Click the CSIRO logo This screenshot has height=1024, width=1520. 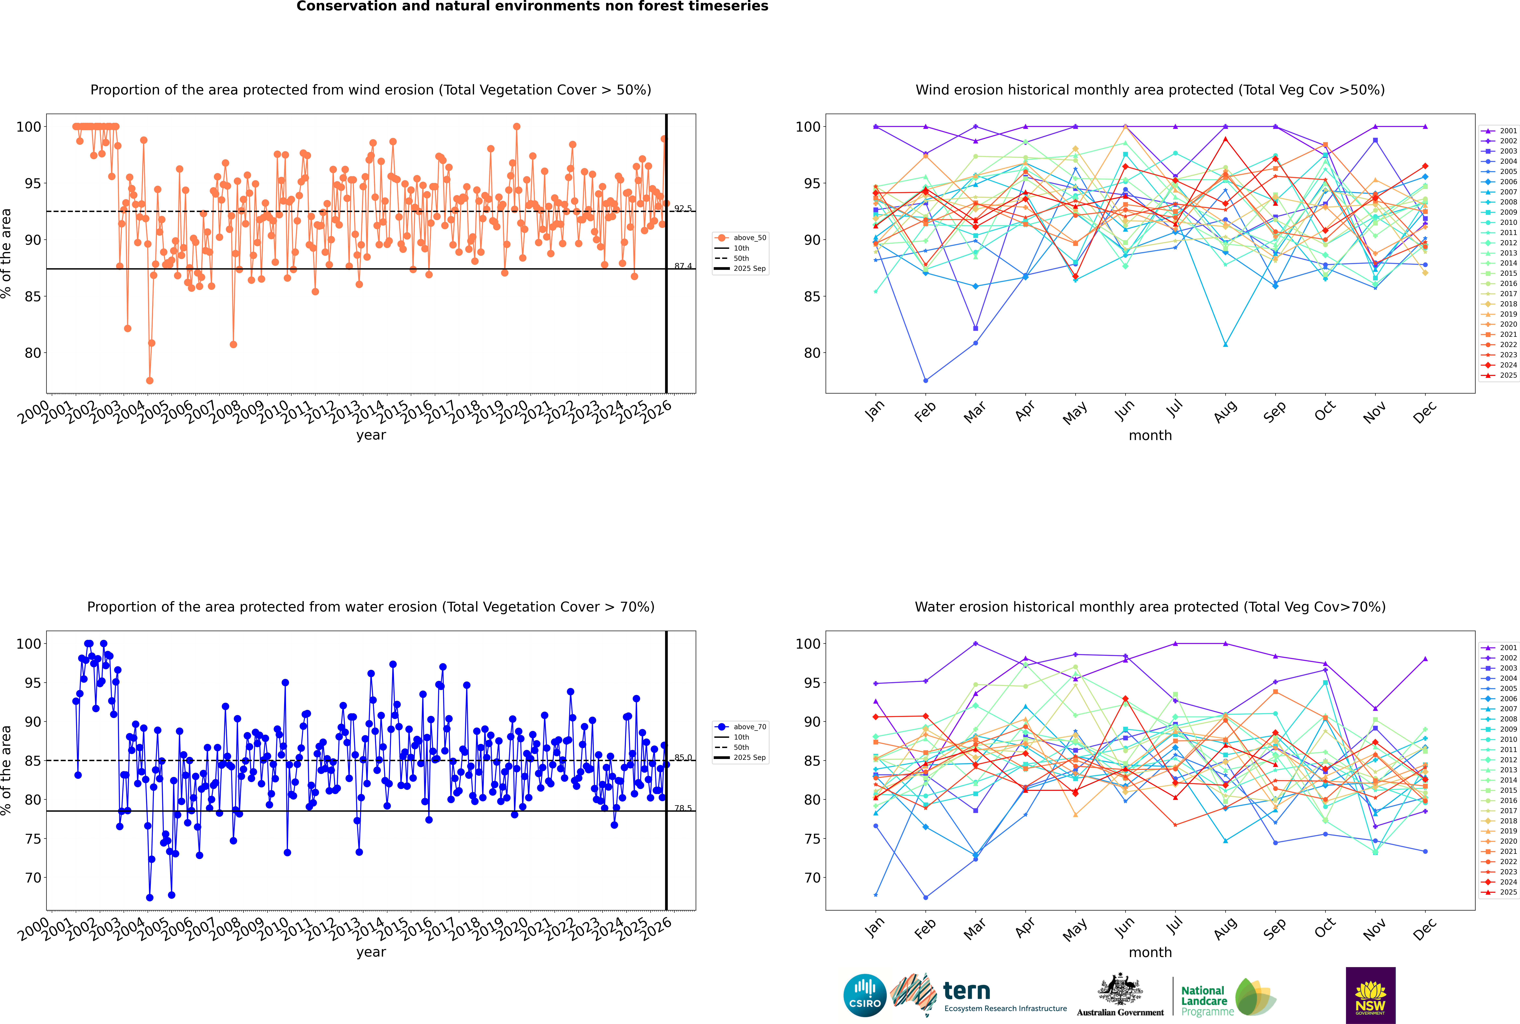tap(865, 995)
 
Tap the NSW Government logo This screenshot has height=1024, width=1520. tap(1370, 995)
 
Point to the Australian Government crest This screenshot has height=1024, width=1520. tap(1120, 989)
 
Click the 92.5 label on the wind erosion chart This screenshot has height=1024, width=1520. tap(683, 208)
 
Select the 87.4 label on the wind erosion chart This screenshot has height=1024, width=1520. tap(683, 266)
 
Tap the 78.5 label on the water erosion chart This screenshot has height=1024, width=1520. tap(683, 808)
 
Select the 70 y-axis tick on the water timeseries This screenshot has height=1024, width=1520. tap(33, 878)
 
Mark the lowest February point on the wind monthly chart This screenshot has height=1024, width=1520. tap(925, 380)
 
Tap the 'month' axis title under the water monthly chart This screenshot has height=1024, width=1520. tap(1150, 952)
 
